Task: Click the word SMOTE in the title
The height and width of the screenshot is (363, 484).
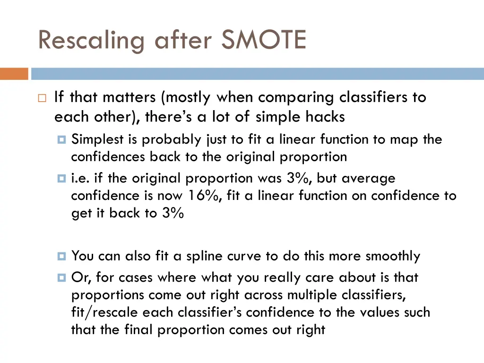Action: click(x=263, y=40)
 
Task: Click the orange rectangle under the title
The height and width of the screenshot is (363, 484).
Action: click(x=14, y=74)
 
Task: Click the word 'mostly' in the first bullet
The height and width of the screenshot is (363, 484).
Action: click(x=188, y=98)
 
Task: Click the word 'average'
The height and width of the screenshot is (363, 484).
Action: click(x=368, y=178)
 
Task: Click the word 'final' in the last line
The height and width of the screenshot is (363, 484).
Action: click(x=140, y=329)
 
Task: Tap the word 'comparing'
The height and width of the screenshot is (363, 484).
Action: click(x=297, y=98)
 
